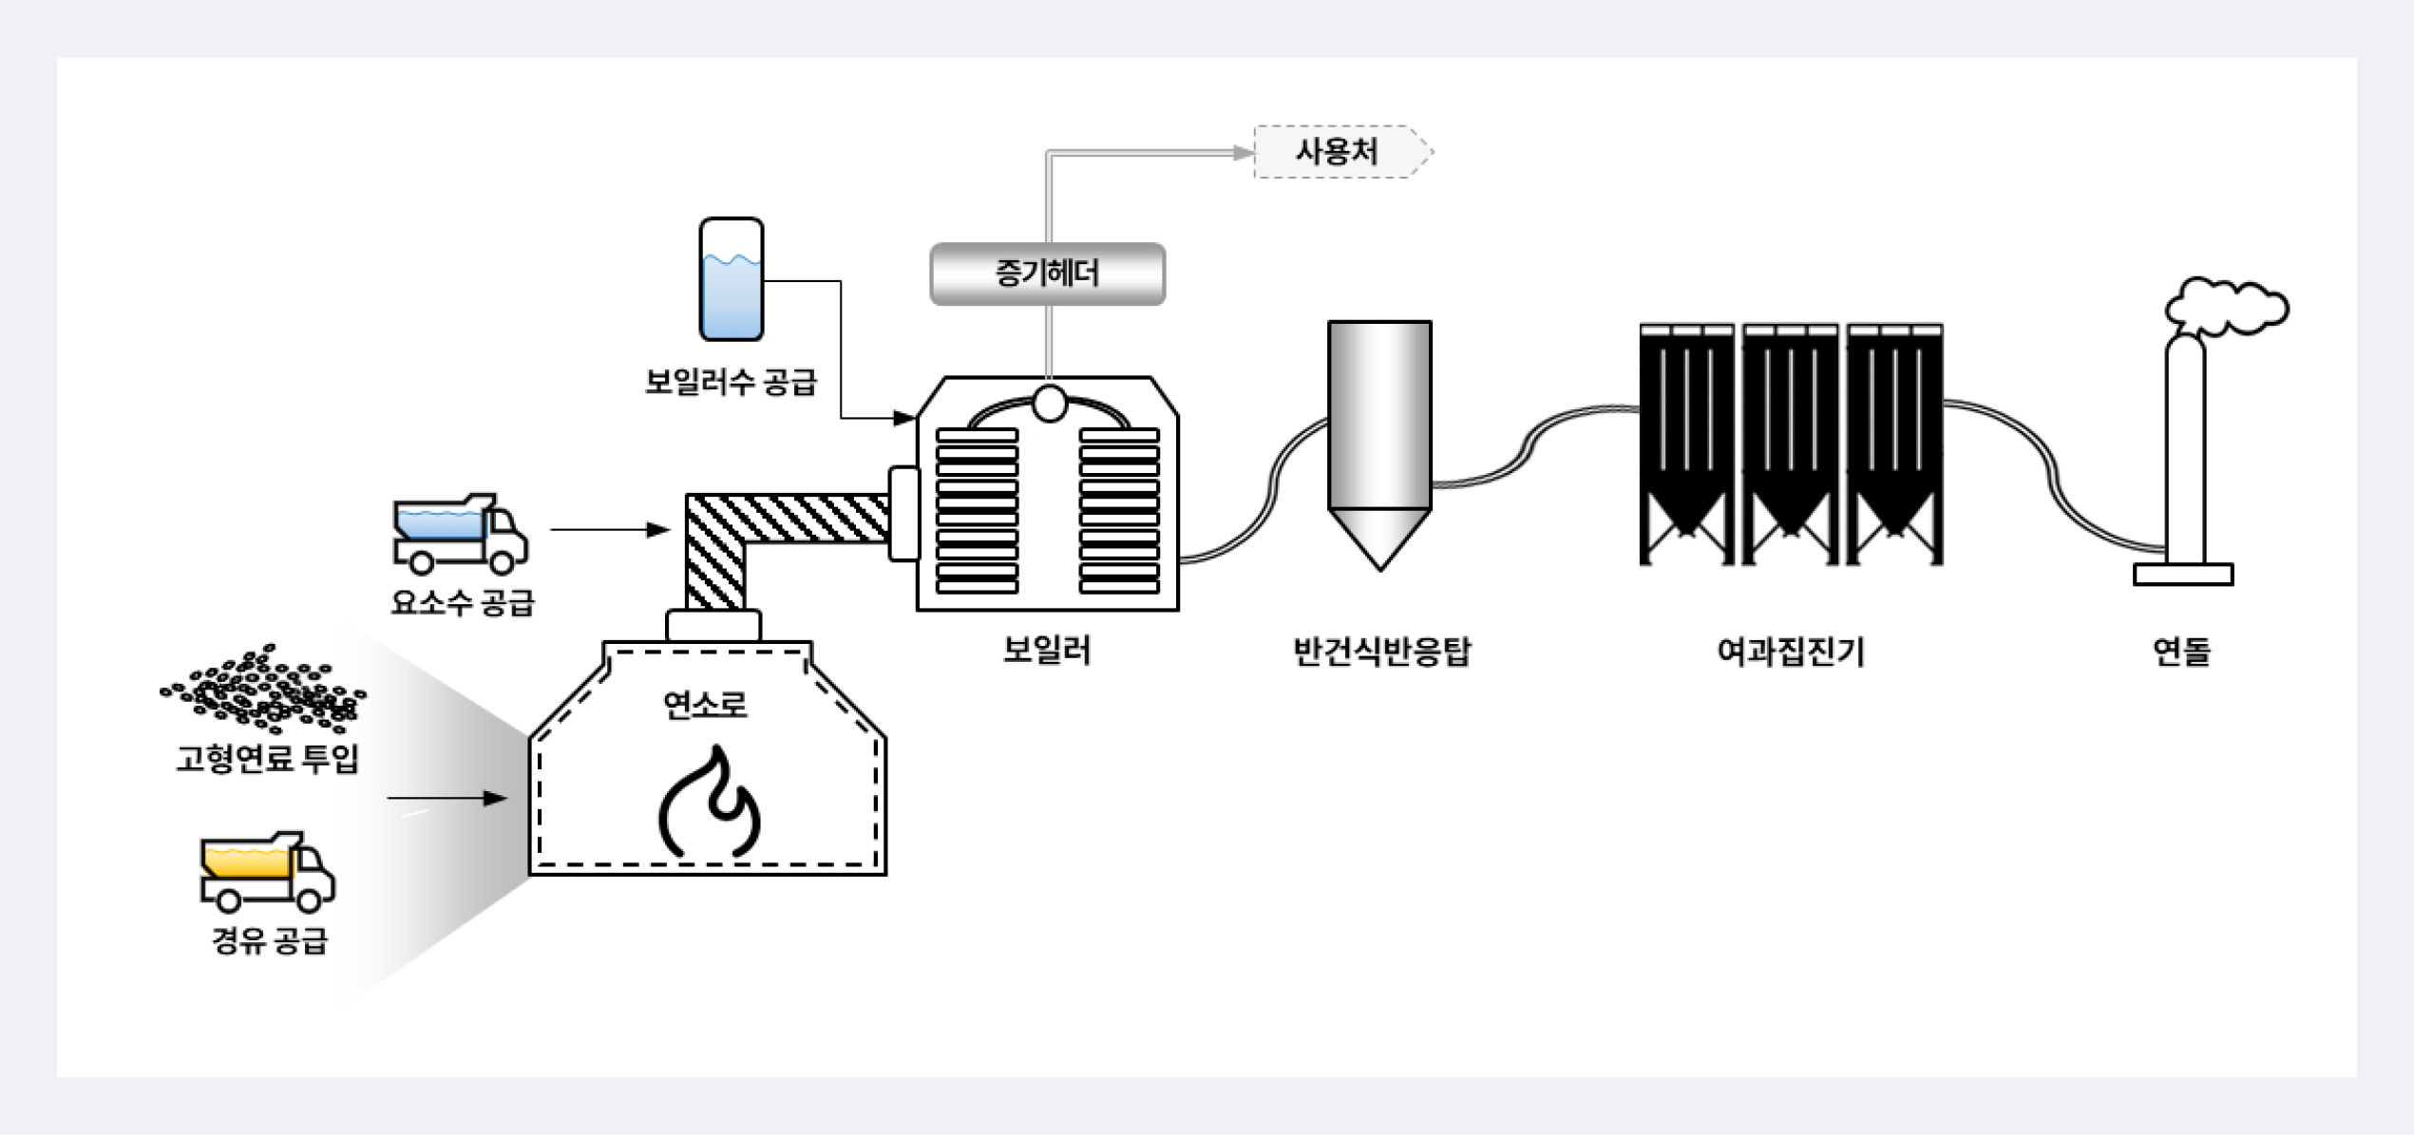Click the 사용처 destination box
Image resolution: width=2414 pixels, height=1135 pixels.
point(1338,152)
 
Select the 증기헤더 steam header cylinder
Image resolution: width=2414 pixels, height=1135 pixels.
point(1047,274)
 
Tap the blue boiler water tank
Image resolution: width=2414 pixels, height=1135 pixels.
point(731,280)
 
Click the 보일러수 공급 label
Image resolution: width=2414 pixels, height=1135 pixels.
point(731,382)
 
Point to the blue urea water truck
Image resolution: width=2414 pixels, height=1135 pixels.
point(460,534)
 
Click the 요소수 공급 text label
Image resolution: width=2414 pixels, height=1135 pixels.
point(463,602)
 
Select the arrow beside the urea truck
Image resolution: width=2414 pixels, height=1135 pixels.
point(610,529)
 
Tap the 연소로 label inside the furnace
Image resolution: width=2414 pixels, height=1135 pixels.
point(705,705)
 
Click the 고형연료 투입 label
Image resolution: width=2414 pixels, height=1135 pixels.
point(267,758)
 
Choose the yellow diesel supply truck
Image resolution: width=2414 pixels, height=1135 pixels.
point(267,871)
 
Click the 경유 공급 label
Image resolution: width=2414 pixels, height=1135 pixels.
point(270,940)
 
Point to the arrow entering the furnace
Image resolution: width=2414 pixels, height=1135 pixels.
point(447,798)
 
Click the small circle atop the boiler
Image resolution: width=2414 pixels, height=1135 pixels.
point(1049,403)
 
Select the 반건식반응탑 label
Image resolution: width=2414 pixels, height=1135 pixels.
point(1381,652)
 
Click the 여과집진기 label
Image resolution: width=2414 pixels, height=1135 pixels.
point(1791,652)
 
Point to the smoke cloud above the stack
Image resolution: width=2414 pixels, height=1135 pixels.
point(2228,306)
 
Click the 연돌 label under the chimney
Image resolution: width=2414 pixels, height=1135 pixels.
point(2181,652)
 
